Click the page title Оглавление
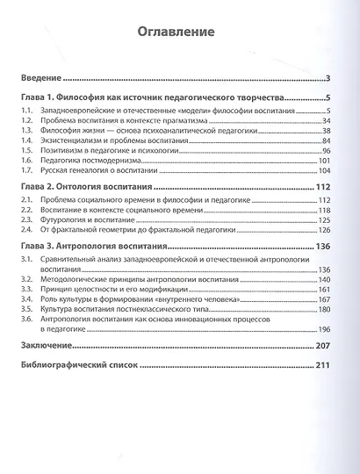[180, 33]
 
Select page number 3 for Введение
[326, 78]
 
